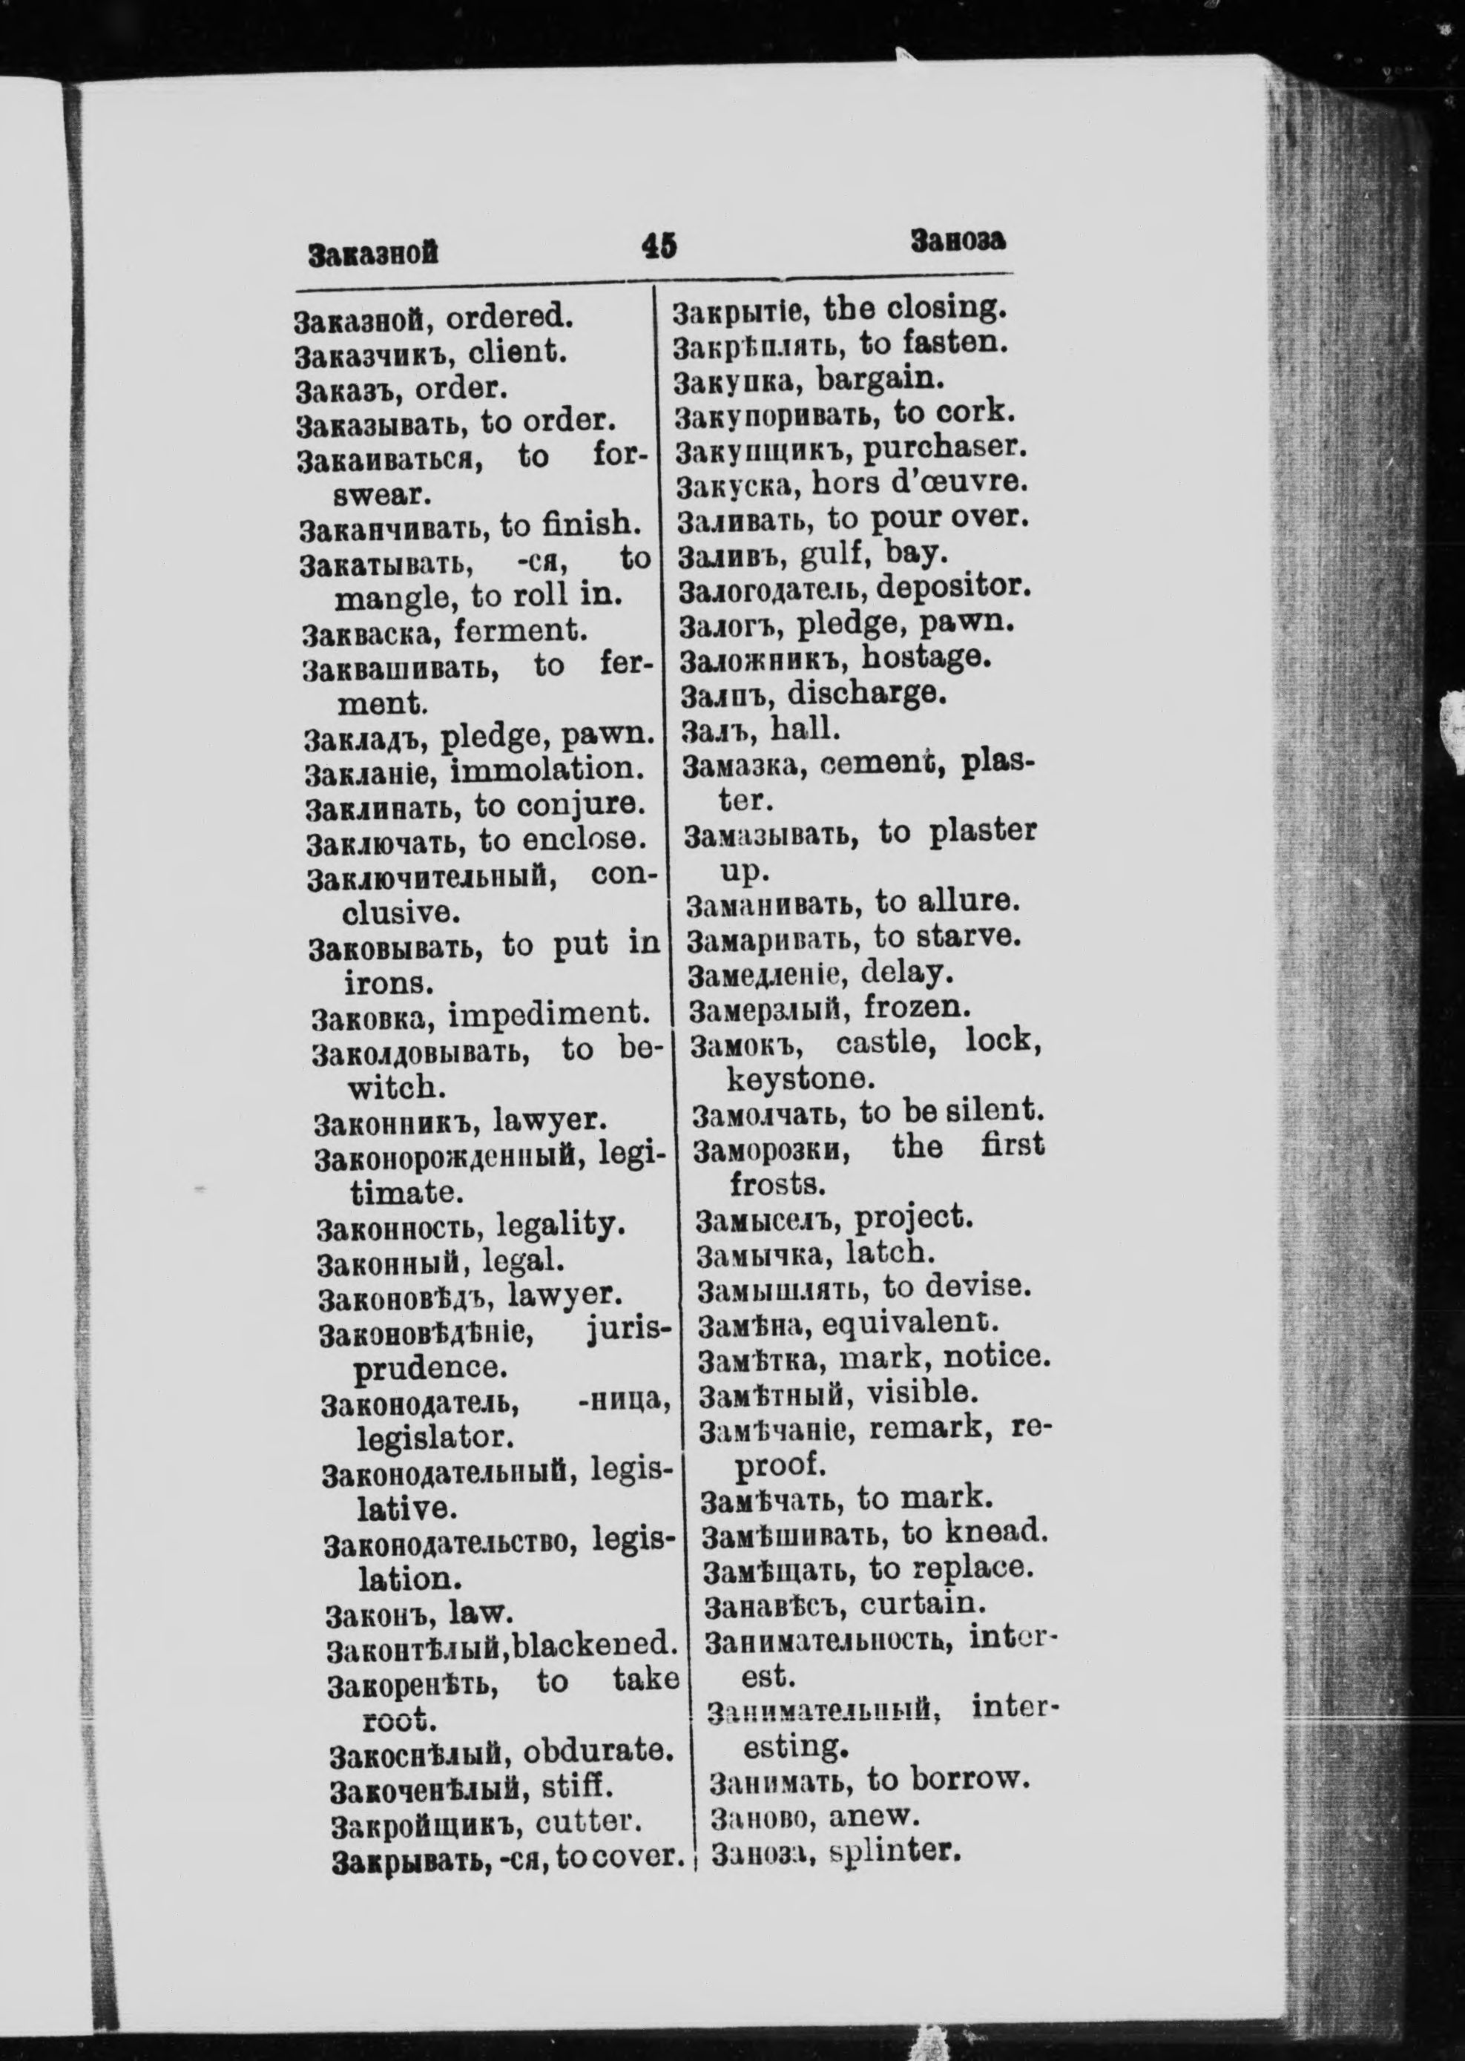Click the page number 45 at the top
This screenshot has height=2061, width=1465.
click(x=659, y=246)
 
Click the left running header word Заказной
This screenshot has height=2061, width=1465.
click(x=373, y=254)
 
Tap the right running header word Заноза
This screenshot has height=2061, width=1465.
click(x=958, y=242)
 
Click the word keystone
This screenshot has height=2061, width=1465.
click(x=801, y=1077)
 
